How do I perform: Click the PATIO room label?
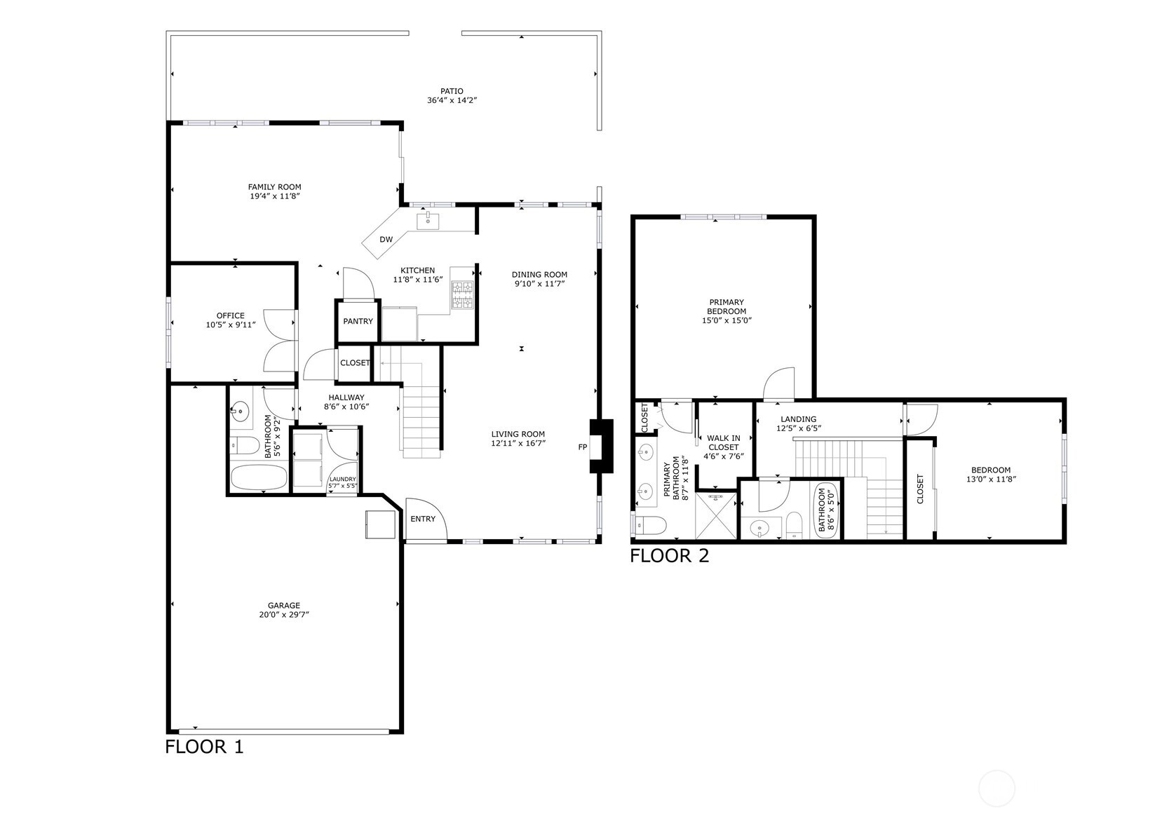pos(452,91)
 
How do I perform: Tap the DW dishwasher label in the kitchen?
pos(386,239)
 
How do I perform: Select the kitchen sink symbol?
pos(428,220)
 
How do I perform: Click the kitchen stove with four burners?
pos(462,295)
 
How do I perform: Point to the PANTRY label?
pos(358,321)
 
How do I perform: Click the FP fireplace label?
pos(583,447)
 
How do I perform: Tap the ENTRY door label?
pos(423,519)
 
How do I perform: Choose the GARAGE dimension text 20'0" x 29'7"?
pos(284,614)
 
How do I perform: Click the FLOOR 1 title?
pos(204,747)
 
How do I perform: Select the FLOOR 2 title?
pos(670,556)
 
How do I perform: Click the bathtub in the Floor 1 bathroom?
pos(259,478)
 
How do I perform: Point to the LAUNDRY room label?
pos(343,479)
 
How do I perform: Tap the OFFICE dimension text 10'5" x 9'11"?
pos(231,325)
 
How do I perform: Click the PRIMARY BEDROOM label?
pos(727,307)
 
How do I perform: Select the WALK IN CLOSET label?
pos(724,443)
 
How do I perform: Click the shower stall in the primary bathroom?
pos(716,516)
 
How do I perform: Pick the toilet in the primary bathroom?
pos(651,526)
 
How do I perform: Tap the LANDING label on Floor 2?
pos(798,419)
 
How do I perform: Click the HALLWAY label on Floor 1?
pos(346,397)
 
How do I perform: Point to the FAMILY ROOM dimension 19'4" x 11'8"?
pos(275,196)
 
